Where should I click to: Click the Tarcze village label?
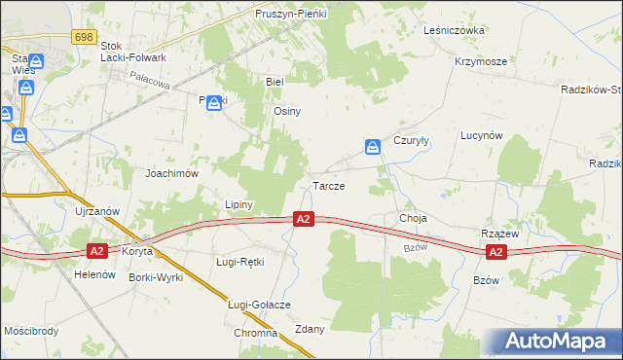point(327,185)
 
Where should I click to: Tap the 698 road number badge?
point(83,36)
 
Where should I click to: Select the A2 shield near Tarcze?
point(304,220)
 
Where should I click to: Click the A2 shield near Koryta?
point(96,251)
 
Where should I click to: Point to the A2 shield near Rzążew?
point(495,252)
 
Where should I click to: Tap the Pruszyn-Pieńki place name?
point(291,15)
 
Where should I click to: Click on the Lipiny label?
point(238,205)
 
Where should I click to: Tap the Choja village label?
point(413,218)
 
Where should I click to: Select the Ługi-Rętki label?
point(239,262)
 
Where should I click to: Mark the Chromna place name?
point(256,333)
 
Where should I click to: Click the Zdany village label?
point(309,329)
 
